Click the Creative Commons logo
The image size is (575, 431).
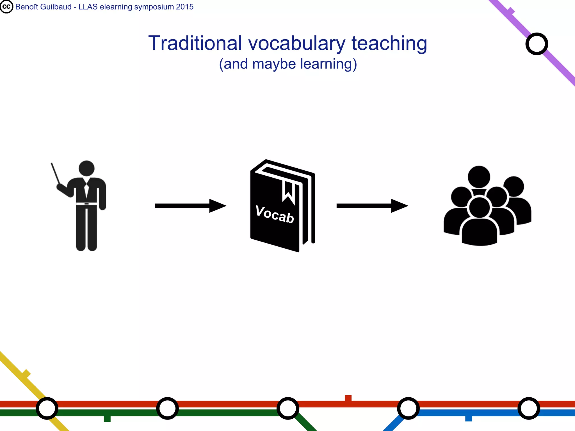6,7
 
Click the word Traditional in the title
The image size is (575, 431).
195,43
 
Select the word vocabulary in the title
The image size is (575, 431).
297,44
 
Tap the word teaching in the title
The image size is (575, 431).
389,44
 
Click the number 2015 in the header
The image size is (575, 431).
184,7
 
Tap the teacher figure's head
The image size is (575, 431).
86,168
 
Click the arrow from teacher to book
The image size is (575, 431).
190,206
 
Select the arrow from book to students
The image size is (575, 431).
372,206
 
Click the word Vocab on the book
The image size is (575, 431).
275,215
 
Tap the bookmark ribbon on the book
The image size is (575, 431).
288,192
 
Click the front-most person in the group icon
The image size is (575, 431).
480,224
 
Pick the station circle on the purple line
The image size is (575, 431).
537,44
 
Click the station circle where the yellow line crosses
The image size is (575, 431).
47,408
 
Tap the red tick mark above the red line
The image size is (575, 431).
348,398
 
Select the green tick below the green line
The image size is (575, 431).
107,419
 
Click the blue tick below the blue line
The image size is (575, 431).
468,418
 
